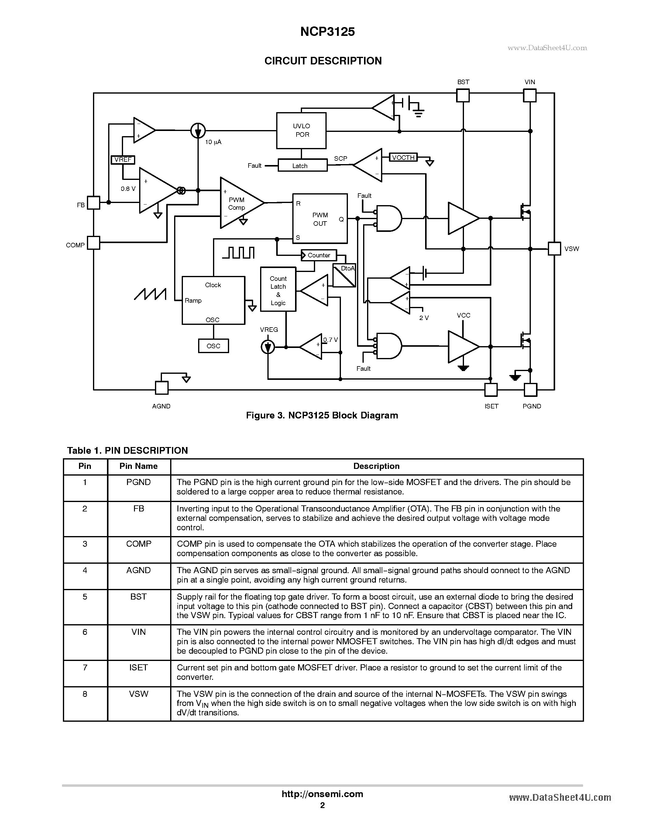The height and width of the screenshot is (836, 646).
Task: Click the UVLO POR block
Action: click(x=301, y=131)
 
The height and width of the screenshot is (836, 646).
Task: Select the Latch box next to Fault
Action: click(x=302, y=166)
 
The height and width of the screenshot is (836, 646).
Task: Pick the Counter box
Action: click(x=318, y=255)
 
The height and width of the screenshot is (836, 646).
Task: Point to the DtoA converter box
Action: click(x=344, y=276)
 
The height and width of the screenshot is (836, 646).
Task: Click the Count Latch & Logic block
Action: click(x=278, y=289)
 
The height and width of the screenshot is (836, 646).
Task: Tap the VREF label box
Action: click(x=123, y=160)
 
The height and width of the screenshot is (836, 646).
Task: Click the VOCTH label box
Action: click(x=403, y=157)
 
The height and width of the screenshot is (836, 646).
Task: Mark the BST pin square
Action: click(x=463, y=95)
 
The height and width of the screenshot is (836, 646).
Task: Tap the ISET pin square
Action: click(x=491, y=390)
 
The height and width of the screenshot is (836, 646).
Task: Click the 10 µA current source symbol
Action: click(x=198, y=131)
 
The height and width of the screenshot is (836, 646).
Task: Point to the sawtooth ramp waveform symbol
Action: click(x=150, y=294)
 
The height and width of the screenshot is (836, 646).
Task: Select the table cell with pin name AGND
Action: click(x=139, y=570)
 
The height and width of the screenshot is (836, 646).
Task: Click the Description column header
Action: click(x=376, y=466)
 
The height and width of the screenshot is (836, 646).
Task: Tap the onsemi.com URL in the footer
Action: click(x=322, y=794)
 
